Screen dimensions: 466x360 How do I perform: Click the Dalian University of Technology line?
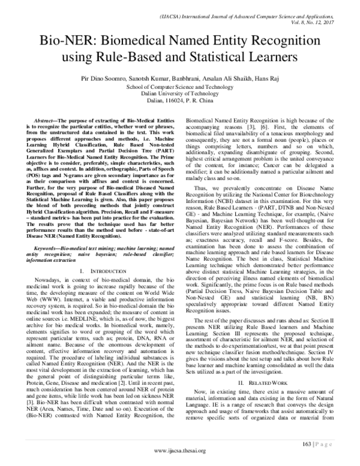(x=179, y=94)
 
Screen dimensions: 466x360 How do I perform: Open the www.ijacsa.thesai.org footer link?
(x=180, y=450)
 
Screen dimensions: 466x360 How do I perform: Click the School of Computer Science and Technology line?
(x=179, y=86)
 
